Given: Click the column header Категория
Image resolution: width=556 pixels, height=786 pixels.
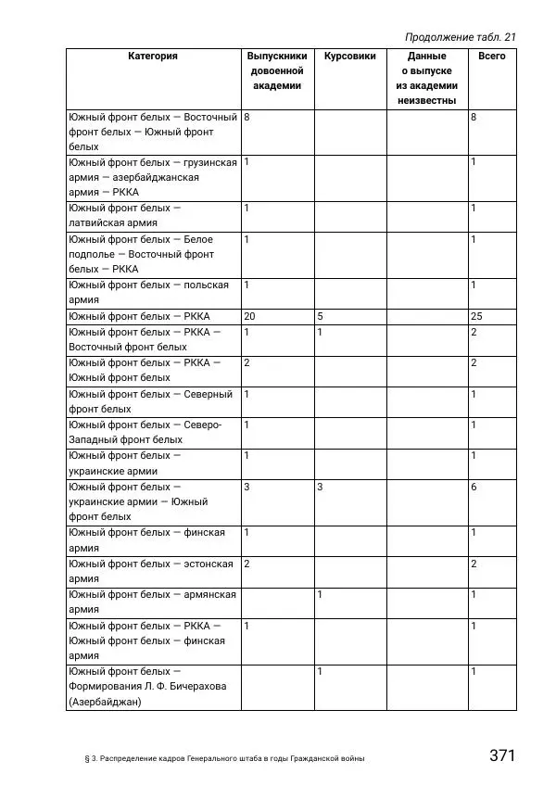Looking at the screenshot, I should [x=153, y=57].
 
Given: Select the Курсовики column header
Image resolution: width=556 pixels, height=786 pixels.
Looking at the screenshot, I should [x=349, y=57].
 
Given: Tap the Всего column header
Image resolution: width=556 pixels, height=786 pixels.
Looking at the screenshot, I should [x=491, y=57].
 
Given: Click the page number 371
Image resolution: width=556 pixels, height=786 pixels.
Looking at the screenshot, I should [x=501, y=755].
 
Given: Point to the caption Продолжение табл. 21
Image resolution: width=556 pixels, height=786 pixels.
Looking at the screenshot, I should [x=460, y=37].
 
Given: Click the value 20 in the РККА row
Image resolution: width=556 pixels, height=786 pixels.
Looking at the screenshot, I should [x=249, y=316].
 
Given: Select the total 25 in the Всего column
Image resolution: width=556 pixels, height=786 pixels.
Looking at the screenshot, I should [x=476, y=316].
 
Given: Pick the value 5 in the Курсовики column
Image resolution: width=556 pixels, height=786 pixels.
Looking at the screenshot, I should [x=320, y=316].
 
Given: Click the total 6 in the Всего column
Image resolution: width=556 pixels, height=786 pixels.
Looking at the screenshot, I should [x=474, y=487].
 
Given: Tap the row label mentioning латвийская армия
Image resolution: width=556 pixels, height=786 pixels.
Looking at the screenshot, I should [x=124, y=215].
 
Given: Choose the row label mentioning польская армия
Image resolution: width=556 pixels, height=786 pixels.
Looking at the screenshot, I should [x=148, y=292].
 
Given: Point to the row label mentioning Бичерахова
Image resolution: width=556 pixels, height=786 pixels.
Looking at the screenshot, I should [x=147, y=686].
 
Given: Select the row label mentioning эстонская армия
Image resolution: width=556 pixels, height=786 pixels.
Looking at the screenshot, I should [x=150, y=571].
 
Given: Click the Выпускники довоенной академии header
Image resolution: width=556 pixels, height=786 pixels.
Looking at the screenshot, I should [x=277, y=71].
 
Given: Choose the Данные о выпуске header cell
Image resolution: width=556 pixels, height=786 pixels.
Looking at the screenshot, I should [x=426, y=79].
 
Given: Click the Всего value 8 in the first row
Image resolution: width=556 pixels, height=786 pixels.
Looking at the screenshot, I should [x=474, y=118].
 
